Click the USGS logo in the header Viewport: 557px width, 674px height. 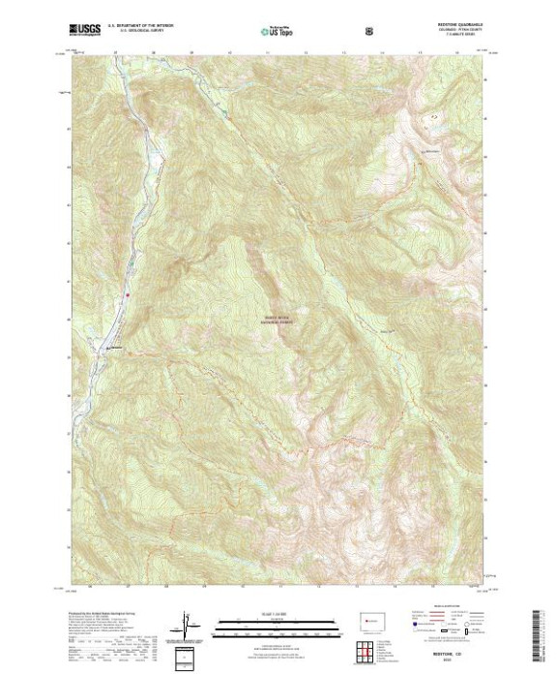coord(85,31)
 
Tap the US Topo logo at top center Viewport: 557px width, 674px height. coord(275,31)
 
